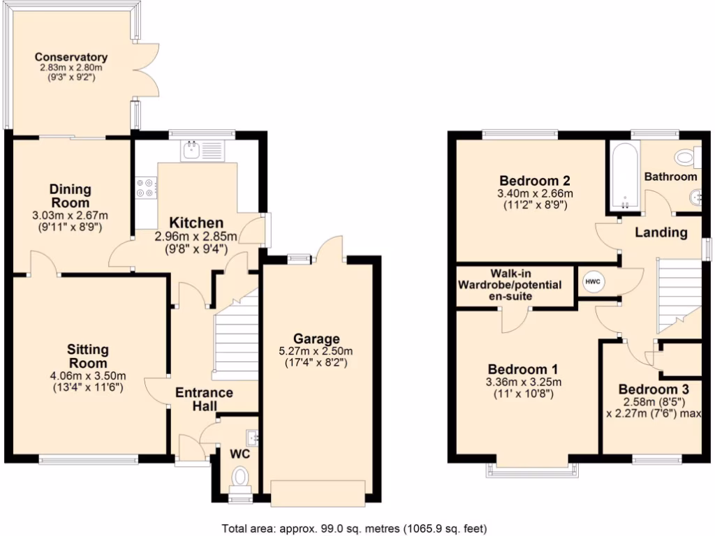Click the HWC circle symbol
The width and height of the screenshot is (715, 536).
(593, 281)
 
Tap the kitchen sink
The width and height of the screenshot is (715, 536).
(201, 150)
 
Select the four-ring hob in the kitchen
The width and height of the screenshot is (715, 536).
(146, 187)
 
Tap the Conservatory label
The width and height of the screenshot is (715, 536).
(71, 57)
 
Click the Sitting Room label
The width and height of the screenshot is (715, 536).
(88, 355)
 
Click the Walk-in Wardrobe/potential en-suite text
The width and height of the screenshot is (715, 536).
(513, 285)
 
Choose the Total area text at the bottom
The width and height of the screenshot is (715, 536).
(354, 528)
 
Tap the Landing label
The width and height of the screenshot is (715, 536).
(661, 232)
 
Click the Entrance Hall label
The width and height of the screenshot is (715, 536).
(204, 399)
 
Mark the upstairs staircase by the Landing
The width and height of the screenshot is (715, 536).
(678, 294)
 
